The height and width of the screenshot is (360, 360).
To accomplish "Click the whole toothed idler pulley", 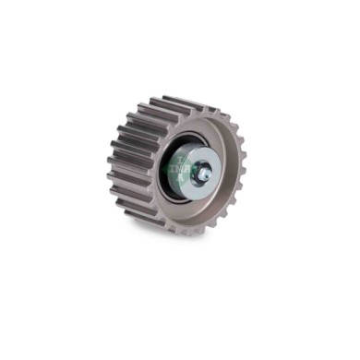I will [x=175, y=166].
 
